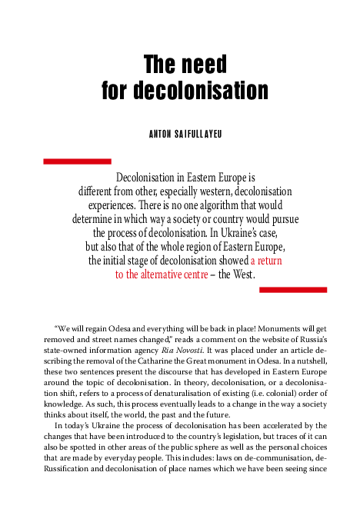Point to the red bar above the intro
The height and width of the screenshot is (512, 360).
point(68,161)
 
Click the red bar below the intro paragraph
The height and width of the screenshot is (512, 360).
point(293,290)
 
